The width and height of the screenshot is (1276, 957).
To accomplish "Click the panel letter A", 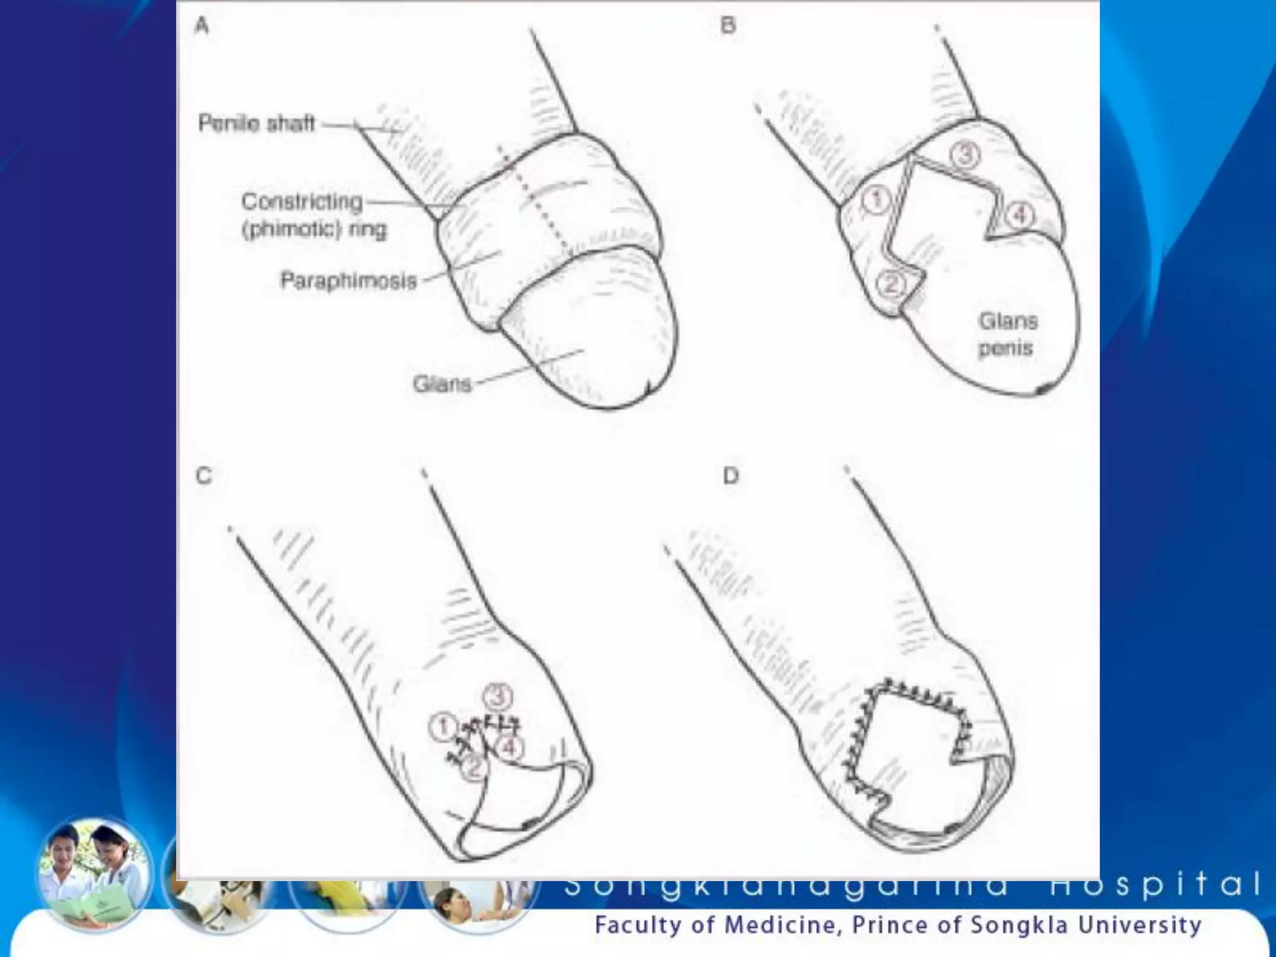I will pos(201,26).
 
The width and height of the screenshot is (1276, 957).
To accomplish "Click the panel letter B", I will pos(728,26).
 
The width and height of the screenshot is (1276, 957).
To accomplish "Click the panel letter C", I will pos(204,476).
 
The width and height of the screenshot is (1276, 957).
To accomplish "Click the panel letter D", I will pos(730,476).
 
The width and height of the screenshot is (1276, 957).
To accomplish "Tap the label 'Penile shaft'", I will pos(256,123).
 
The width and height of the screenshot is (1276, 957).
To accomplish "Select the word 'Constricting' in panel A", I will pos(302,202).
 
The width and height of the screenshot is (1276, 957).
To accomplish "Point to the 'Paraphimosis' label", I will pos(348,281).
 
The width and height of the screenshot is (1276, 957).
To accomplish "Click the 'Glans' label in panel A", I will pos(442,384).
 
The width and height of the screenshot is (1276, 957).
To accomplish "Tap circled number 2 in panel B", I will pos(890,285).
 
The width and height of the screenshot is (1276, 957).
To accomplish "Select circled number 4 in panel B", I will pos(1019,216).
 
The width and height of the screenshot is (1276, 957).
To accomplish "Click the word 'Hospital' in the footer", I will pos(1156,884).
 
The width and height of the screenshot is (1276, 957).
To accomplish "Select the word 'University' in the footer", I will pos(1140,925).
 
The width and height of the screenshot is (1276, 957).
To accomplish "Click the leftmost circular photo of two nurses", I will pos(93,876).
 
